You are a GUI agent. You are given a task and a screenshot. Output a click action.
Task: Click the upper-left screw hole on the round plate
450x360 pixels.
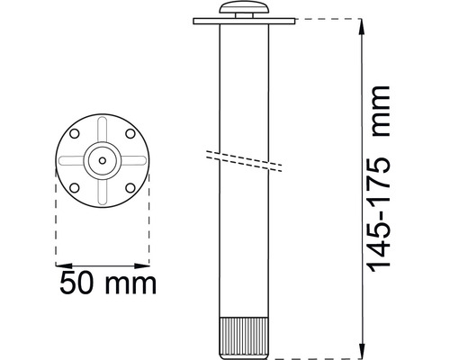click(76, 134)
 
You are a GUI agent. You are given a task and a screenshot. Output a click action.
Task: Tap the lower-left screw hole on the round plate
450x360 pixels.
click(76, 187)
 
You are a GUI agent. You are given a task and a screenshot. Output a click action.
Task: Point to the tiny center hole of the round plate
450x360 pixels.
click(103, 161)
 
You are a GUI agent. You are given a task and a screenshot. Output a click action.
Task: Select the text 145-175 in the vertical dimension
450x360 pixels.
click(382, 211)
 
